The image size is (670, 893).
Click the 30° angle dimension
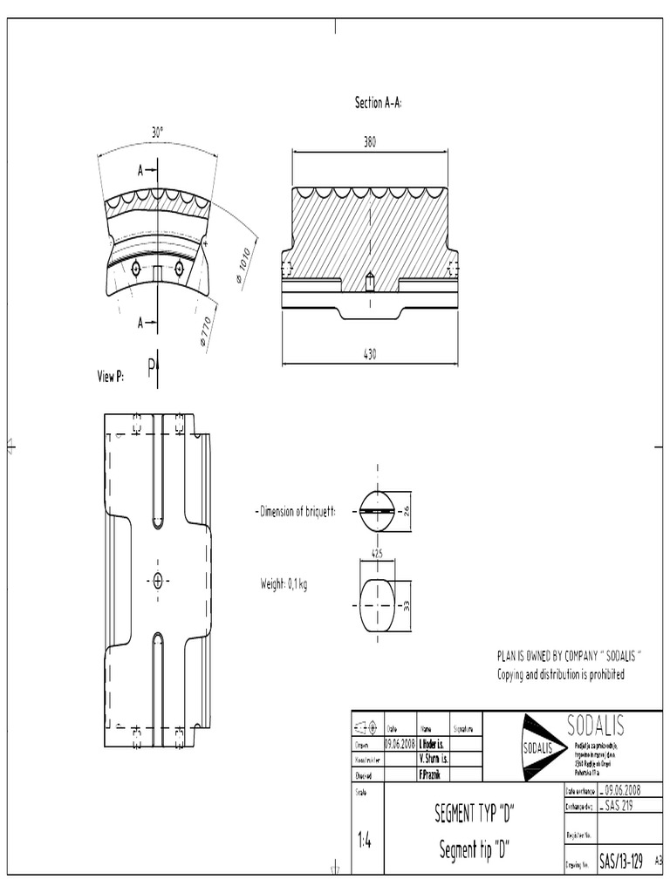[x=157, y=133]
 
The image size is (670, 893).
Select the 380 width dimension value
[x=370, y=142]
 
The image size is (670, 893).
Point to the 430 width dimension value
[x=370, y=354]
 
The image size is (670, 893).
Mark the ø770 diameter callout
[x=207, y=333]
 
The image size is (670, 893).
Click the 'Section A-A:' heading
[x=378, y=103]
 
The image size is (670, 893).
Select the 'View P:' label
[x=111, y=376]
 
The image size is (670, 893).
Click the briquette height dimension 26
[x=407, y=510]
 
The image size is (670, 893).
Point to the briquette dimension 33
[x=407, y=604]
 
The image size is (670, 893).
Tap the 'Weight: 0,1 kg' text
[x=284, y=584]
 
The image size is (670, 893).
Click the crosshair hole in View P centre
[x=158, y=581]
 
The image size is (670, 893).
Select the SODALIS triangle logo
[x=540, y=748]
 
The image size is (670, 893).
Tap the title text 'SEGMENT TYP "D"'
[x=475, y=815]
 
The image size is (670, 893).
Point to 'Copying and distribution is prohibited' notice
[x=561, y=674]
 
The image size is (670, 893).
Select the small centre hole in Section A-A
[x=370, y=281]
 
